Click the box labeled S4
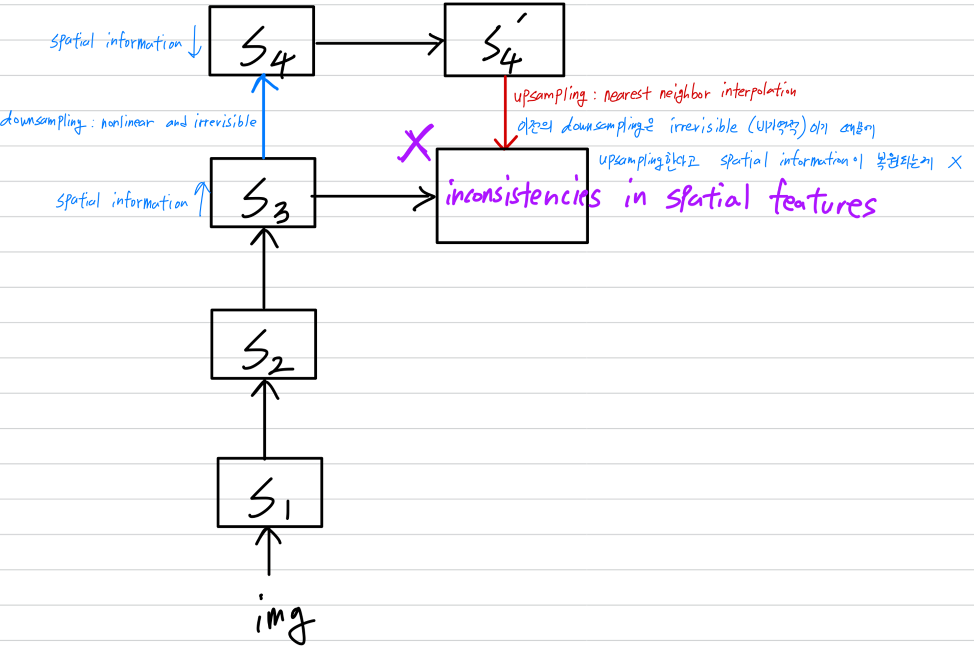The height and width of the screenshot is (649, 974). tap(262, 41)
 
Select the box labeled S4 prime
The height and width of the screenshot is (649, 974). tap(504, 40)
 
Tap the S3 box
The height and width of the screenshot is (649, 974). tap(263, 193)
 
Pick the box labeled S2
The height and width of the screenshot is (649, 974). tap(264, 344)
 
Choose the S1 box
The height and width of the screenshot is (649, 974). tap(270, 492)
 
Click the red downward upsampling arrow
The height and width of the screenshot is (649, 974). tap(505, 112)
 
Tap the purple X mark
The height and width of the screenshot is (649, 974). tap(416, 143)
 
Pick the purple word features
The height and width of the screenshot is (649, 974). tap(823, 200)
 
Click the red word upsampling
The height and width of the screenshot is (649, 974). tap(550, 95)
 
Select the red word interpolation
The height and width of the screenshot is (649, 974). tap(758, 91)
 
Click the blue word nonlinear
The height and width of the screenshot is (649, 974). tap(127, 123)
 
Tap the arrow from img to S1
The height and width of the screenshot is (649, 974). tap(269, 552)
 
